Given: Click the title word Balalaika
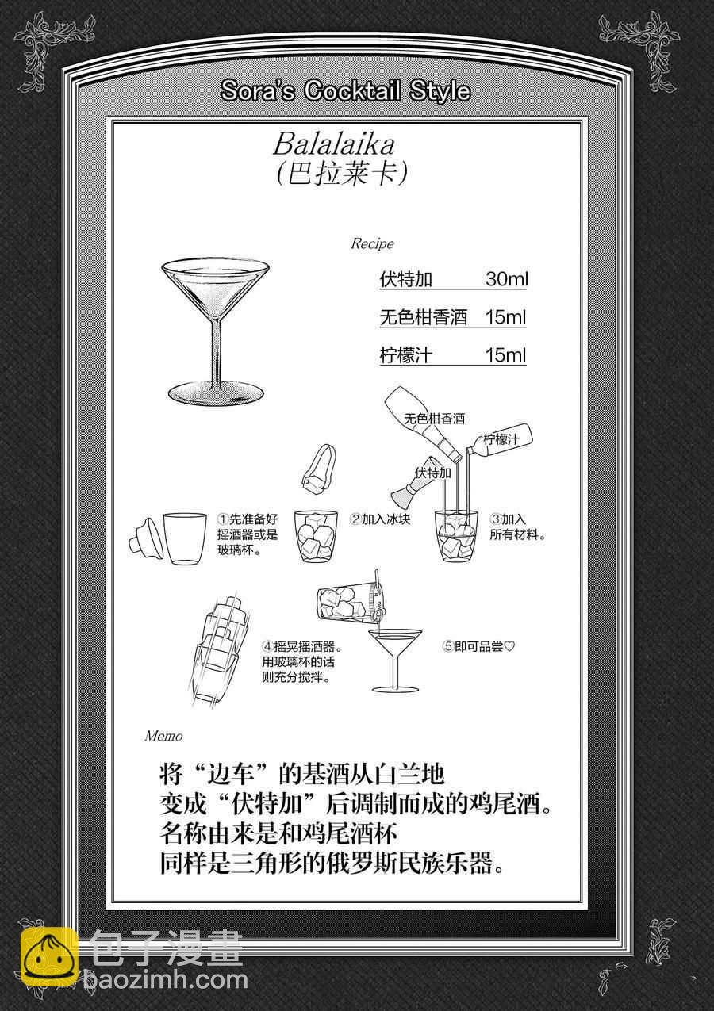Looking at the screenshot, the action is coord(334,145).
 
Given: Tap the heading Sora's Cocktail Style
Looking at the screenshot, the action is coord(346,90).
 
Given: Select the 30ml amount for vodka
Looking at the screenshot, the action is coord(507,279).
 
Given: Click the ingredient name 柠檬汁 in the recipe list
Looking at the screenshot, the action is coord(405,355).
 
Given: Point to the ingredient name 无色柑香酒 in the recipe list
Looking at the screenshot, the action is coord(423,317).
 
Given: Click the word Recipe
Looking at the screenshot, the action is coord(373,244).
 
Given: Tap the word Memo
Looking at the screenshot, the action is coord(163,736).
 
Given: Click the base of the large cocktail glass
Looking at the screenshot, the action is coord(215,393).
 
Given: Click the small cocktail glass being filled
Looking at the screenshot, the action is coord(395,660).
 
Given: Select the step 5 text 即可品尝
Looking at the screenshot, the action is coord(478,647).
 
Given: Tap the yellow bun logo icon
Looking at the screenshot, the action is coord(50,958).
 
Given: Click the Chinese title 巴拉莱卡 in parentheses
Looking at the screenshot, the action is coord(341,174).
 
